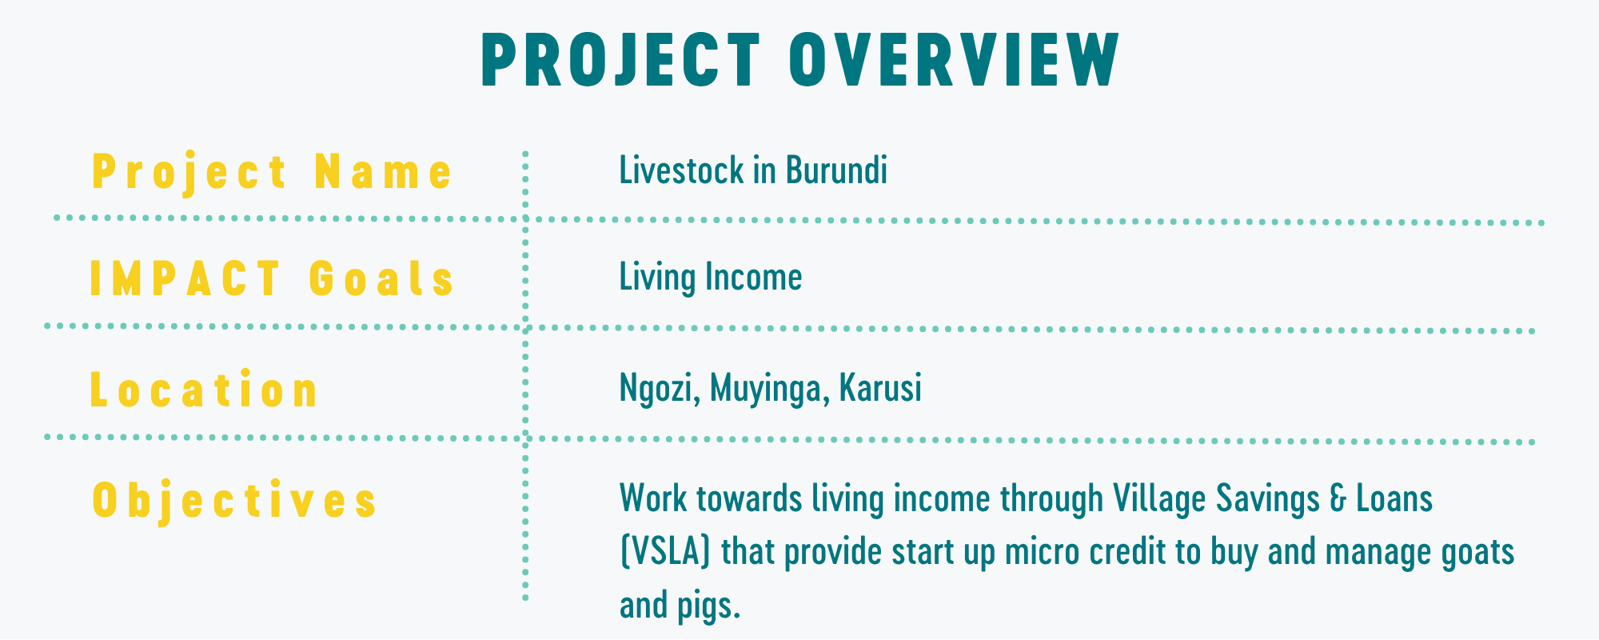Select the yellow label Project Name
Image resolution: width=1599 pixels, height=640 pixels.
pos(273,172)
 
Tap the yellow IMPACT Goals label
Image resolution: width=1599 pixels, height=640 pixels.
pos(272,279)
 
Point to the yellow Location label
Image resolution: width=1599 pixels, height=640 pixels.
pos(205,390)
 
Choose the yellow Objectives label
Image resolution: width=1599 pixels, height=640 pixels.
pos(235,501)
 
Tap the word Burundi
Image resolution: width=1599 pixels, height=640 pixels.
pos(836,170)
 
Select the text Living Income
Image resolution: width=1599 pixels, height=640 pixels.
pos(711,278)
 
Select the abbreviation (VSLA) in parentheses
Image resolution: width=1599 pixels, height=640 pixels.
pos(665,552)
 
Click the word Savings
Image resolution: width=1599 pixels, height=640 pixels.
pos(1267,498)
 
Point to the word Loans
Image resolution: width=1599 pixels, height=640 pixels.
pos(1394,498)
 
